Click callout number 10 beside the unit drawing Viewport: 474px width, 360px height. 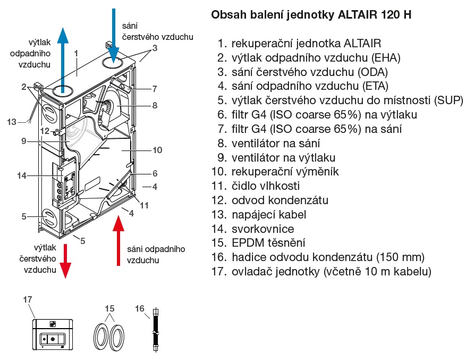tap(157, 150)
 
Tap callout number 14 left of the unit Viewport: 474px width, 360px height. tap(21, 175)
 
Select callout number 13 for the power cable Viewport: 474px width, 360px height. tap(12, 122)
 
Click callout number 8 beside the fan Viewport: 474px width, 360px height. tap(154, 105)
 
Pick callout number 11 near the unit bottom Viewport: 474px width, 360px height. tap(145, 204)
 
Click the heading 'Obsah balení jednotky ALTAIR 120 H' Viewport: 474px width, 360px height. tap(311, 15)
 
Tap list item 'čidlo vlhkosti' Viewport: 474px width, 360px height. tap(265, 186)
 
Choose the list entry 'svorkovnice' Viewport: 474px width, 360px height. tap(263, 229)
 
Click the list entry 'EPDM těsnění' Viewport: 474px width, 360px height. tap(268, 244)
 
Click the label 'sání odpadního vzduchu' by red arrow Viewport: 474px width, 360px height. tap(156, 255)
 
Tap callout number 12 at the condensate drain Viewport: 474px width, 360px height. tap(45, 131)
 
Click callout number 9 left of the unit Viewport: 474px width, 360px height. tap(24, 141)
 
